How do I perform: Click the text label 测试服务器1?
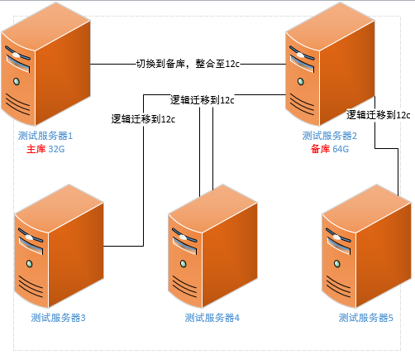(45, 136)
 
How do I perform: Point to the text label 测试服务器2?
(329, 136)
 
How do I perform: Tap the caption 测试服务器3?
(58, 317)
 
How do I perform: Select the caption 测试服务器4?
(212, 317)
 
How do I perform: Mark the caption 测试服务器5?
(365, 317)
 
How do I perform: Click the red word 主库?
(36, 149)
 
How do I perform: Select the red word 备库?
(319, 149)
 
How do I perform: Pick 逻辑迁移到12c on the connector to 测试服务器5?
(378, 115)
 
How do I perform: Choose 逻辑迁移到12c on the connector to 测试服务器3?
(143, 118)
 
